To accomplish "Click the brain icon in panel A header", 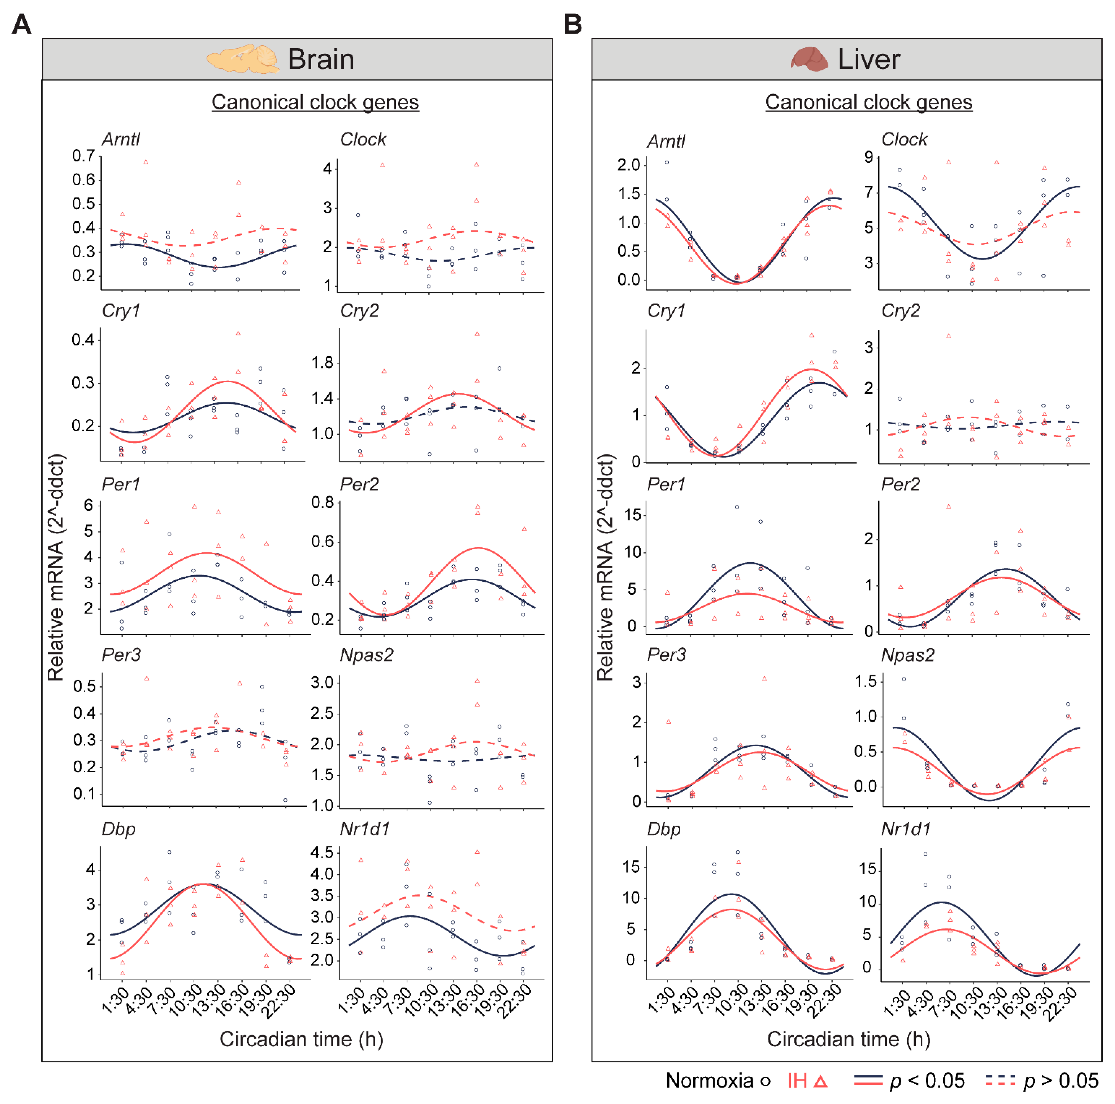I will [x=243, y=59].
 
